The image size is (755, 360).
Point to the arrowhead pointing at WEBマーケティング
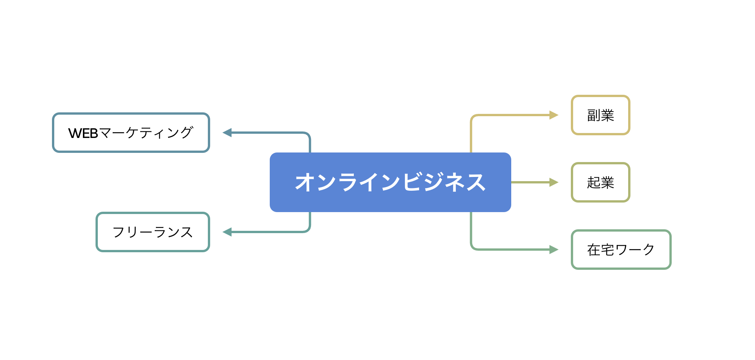227,133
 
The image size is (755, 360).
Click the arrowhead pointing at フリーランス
227,232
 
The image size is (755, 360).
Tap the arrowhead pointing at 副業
554,115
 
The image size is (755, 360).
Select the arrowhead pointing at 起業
554,182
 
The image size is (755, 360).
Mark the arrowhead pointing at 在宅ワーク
554,250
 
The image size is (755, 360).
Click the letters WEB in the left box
83,133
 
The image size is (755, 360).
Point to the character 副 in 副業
594,115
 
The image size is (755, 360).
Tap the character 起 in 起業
594,183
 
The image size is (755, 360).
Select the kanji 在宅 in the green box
601,250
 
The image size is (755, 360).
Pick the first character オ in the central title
304,182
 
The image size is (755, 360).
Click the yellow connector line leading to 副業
504,115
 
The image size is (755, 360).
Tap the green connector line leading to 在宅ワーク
504,250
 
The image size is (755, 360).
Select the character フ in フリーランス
119,232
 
